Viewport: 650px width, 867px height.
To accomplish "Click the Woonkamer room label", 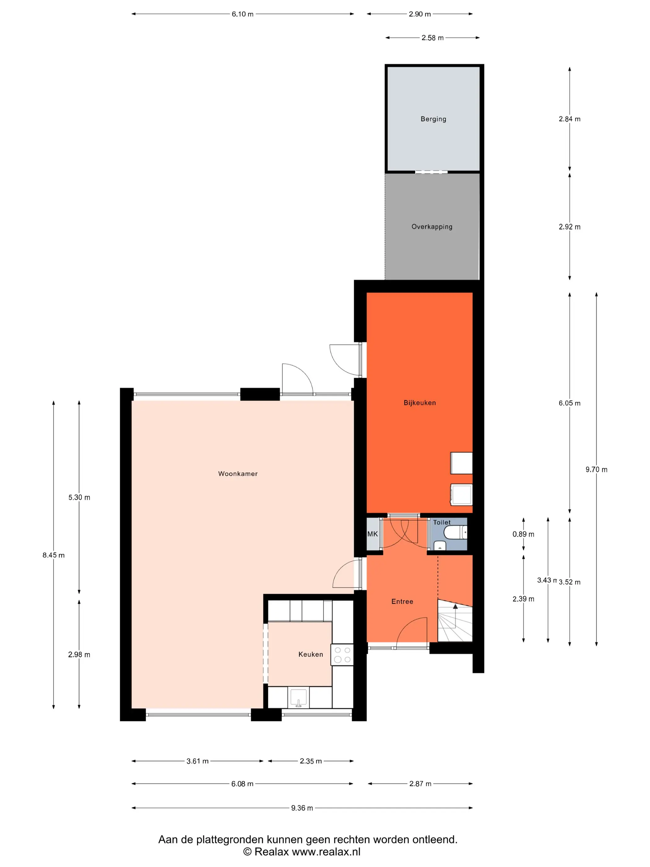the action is click(238, 473).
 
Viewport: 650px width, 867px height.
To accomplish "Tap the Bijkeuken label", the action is click(420, 403).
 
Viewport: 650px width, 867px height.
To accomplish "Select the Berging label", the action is click(433, 119).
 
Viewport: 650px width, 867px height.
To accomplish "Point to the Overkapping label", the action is click(432, 227).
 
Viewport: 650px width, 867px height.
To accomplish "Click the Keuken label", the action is click(311, 654).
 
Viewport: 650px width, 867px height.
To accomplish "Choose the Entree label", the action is click(402, 601).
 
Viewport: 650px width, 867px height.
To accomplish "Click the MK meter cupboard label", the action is click(373, 534).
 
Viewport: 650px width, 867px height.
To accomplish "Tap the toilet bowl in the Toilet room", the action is click(455, 532).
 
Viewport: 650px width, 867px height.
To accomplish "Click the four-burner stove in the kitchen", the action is click(342, 655).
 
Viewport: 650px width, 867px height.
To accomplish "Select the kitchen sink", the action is click(299, 698).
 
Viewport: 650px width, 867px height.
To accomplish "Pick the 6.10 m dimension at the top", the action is click(243, 14).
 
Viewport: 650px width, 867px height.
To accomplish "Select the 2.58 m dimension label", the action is click(432, 38).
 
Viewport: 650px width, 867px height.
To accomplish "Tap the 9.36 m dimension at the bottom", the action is click(302, 808).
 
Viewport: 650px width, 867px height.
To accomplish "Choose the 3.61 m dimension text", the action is click(197, 761).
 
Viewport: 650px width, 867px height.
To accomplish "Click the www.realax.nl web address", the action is click(326, 852).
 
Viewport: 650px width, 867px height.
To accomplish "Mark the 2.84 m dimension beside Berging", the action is click(570, 119).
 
